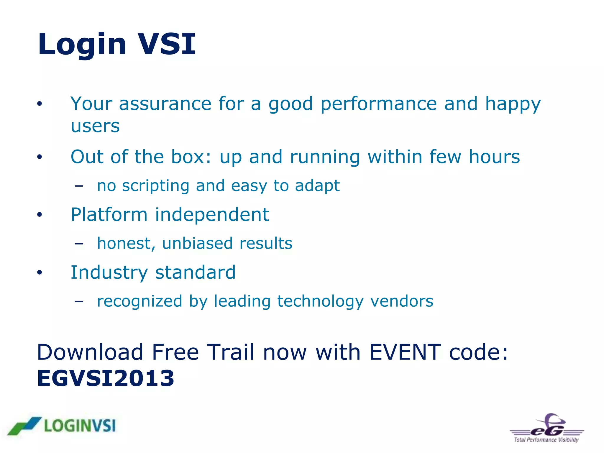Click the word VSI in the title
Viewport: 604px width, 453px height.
pos(167,44)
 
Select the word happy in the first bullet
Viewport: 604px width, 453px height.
pos(513,105)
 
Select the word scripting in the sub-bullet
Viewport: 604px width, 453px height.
pos(155,186)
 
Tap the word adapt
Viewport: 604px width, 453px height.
pos(317,186)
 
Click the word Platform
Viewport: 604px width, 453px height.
pos(109,214)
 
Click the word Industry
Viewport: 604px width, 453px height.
pos(109,273)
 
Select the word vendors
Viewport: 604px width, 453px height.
pos(402,301)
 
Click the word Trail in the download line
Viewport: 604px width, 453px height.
pos(230,352)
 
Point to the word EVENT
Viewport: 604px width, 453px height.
pos(405,352)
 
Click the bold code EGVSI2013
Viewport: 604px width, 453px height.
pos(106,378)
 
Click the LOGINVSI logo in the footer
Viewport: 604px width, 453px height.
pos(62,426)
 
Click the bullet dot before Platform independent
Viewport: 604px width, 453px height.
pos(40,215)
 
